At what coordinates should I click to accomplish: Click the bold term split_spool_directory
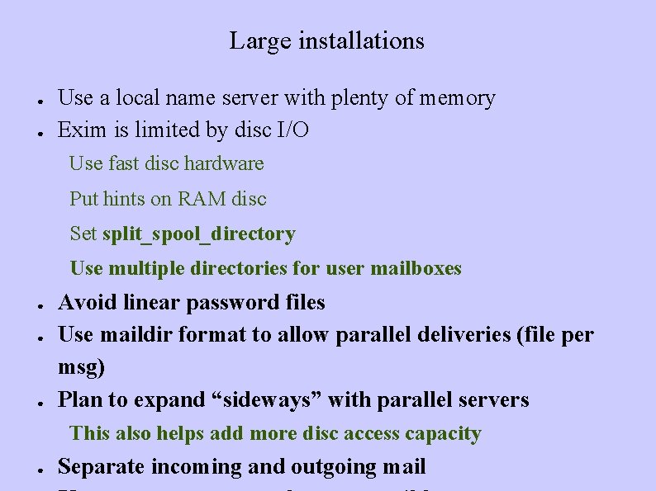point(198,234)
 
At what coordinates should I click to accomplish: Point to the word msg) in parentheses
point(81,367)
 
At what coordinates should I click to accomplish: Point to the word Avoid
point(88,303)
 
